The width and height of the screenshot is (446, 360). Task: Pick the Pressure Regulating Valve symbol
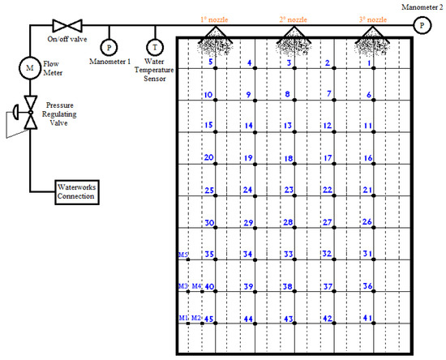pyautogui.click(x=30, y=112)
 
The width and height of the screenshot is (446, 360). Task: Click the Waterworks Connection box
pyautogui.click(x=75, y=192)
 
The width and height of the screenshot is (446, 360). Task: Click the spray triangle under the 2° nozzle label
pyautogui.click(x=293, y=36)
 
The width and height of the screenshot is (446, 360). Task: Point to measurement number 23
pyautogui.click(x=288, y=190)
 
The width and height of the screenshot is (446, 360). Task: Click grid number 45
pyautogui.click(x=208, y=319)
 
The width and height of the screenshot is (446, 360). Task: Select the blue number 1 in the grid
pyautogui.click(x=368, y=62)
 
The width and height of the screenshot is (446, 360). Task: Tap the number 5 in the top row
pyautogui.click(x=211, y=62)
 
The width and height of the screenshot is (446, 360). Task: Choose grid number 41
pyautogui.click(x=367, y=319)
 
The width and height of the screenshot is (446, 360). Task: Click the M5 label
pyautogui.click(x=183, y=254)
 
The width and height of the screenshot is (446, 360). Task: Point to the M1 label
pyautogui.click(x=183, y=318)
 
